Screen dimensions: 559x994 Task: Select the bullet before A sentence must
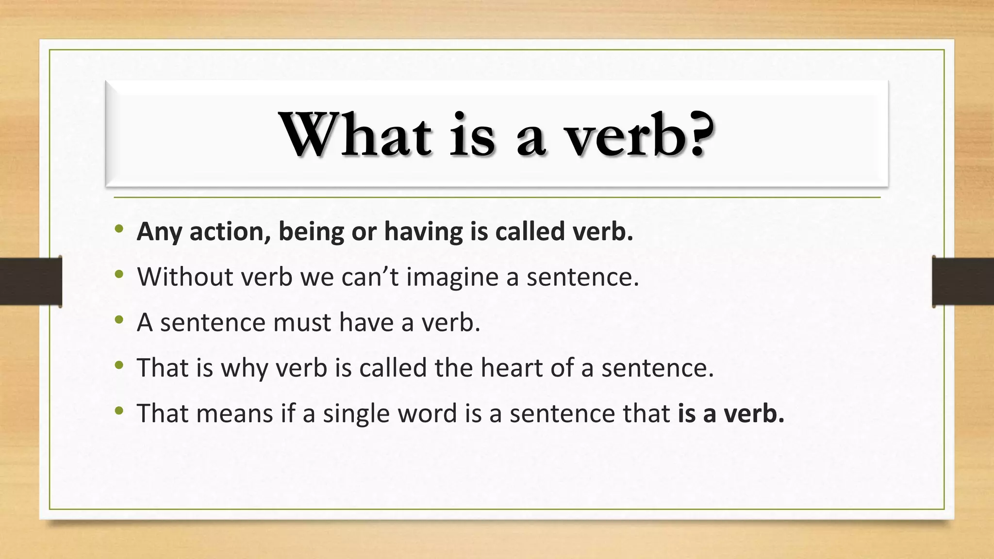coord(119,320)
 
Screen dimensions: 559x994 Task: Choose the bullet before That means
coord(119,411)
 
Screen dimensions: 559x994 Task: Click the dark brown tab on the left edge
coord(31,281)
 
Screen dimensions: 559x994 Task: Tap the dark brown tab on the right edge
coord(963,281)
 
